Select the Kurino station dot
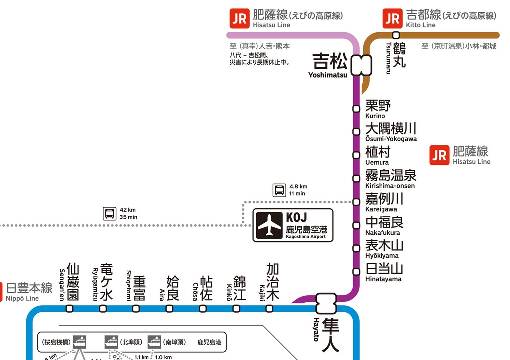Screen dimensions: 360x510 [x=356, y=109]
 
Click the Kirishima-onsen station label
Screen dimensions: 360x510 [x=390, y=178]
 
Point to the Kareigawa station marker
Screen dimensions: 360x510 [x=356, y=202]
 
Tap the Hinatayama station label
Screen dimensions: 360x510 [x=384, y=272]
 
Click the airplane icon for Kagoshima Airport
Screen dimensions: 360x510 [x=269, y=225]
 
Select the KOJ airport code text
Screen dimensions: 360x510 [x=296, y=218]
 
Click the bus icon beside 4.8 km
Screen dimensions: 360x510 [x=279, y=190]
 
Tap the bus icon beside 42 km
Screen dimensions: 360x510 [x=110, y=213]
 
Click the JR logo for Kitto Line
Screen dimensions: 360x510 [x=392, y=19]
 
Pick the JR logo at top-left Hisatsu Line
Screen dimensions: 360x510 [x=239, y=19]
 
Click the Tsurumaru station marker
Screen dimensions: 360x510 [x=396, y=35]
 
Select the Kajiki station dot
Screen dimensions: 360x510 [x=269, y=308]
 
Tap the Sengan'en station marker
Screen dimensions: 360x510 [x=70, y=308]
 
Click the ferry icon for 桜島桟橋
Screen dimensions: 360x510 [x=79, y=342]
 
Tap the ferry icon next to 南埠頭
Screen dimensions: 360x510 [x=154, y=342]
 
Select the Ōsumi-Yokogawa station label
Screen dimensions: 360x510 [x=390, y=132]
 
